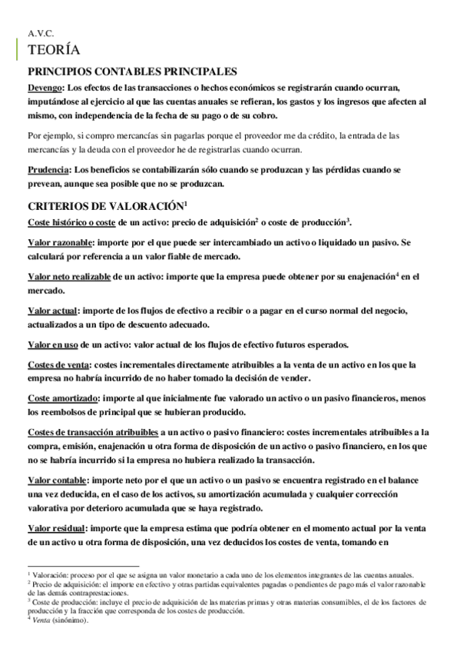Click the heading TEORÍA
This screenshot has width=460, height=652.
(52, 51)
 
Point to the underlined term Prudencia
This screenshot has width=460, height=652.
(48, 170)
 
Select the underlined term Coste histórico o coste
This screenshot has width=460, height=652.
(71, 222)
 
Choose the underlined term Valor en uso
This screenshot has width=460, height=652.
(53, 344)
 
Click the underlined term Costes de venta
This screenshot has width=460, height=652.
(58, 364)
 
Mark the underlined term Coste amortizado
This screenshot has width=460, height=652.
(63, 398)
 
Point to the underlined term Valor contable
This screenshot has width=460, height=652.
(57, 481)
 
